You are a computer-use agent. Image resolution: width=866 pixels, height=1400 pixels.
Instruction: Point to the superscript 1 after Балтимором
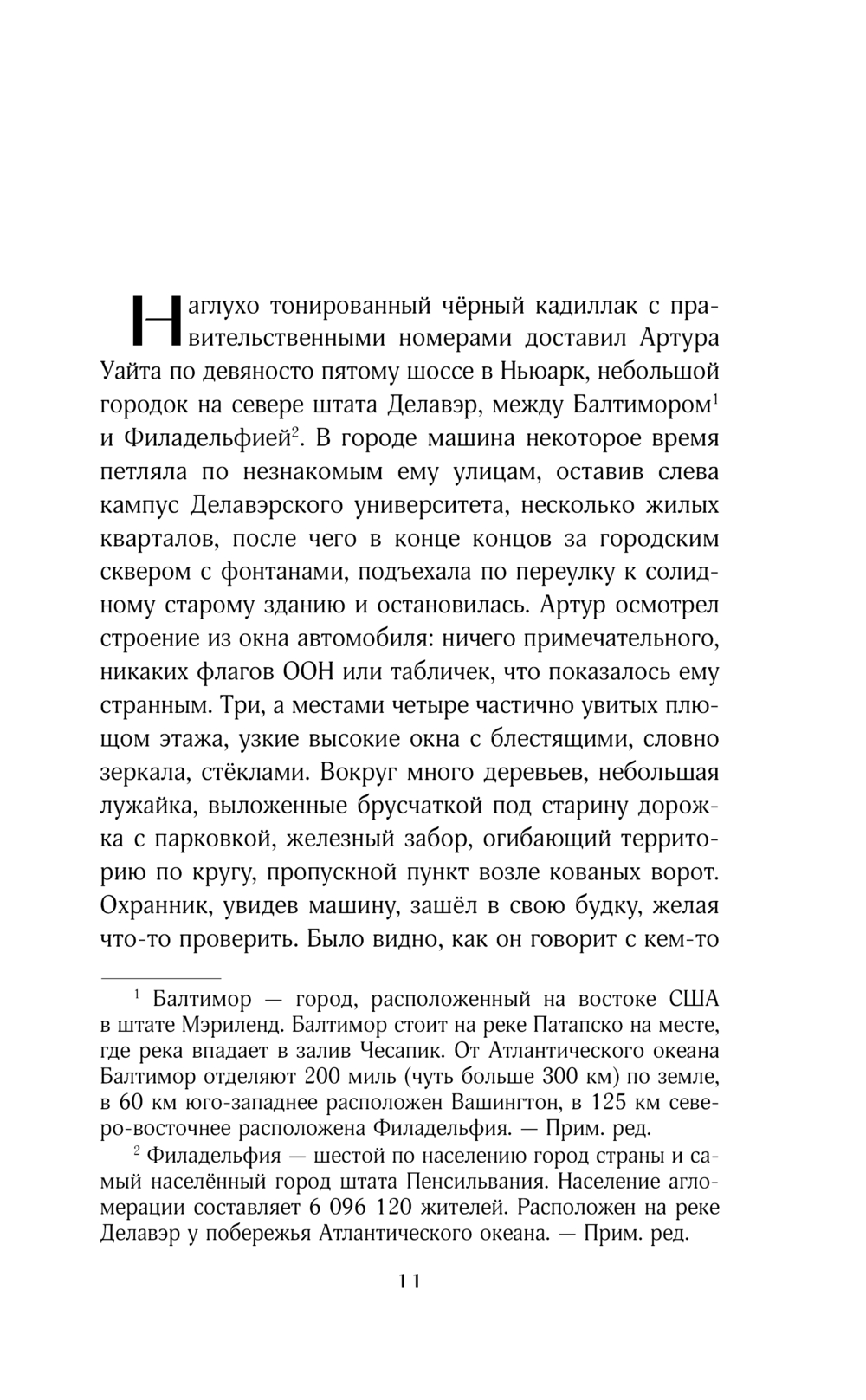[x=716, y=399]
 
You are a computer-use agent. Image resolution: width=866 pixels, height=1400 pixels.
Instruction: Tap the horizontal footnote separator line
[x=160, y=976]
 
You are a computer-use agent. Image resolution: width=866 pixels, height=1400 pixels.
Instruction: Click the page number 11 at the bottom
[x=409, y=1281]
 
